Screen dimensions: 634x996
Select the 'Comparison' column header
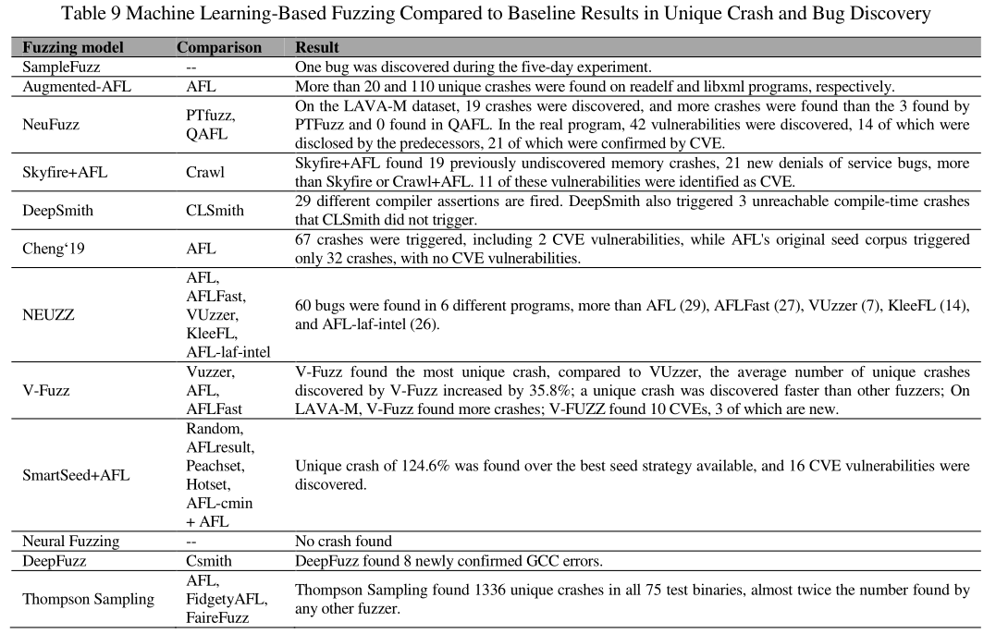219,47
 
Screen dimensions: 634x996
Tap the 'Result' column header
316,47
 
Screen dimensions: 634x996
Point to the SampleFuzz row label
61,67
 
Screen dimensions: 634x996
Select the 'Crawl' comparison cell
205,172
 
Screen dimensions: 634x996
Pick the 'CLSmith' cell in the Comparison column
215,210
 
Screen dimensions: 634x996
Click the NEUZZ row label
49,314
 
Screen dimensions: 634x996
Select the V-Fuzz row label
47,390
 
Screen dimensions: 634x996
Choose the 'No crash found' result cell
343,541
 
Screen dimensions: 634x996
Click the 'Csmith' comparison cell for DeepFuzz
209,560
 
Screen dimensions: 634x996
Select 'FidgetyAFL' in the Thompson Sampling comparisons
227,598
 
